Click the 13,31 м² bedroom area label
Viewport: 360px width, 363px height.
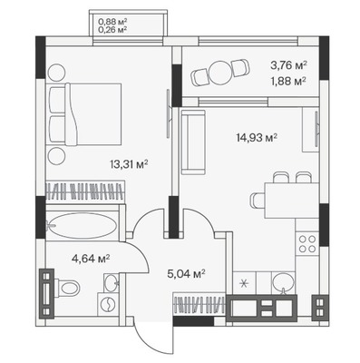click(129, 165)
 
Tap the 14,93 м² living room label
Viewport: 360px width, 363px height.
click(257, 138)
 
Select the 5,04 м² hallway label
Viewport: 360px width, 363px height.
click(186, 274)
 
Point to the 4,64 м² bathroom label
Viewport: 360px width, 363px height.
click(91, 259)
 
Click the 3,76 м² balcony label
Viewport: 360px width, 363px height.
click(288, 65)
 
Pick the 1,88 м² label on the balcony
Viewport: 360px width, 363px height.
click(288, 82)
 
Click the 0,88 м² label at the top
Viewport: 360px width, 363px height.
click(112, 22)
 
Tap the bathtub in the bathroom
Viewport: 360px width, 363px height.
click(83, 225)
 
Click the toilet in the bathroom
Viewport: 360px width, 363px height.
click(67, 287)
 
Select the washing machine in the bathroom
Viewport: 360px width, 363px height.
click(108, 305)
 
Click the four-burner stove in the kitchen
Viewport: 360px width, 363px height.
click(307, 244)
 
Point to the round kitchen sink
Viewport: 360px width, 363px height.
click(283, 283)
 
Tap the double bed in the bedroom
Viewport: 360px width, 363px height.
click(84, 113)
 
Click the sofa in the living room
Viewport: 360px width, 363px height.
click(193, 142)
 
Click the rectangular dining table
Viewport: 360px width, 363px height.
click(292, 201)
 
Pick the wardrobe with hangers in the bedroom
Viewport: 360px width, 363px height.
click(85, 191)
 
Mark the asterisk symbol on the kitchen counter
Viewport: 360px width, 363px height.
click(244, 284)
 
